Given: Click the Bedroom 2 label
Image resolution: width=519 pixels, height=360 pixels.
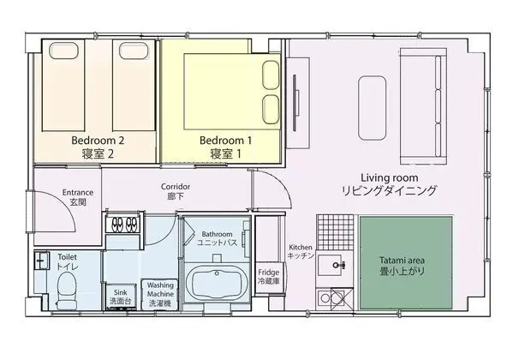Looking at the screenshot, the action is pyautogui.click(x=98, y=141).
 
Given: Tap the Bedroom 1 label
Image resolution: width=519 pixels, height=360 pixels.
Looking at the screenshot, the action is pyautogui.click(x=226, y=141).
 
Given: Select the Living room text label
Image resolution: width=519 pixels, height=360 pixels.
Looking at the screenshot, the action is pyautogui.click(x=389, y=177).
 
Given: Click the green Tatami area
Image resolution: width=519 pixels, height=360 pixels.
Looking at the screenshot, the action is pyautogui.click(x=406, y=263).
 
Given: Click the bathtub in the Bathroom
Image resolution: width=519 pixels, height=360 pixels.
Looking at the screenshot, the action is pyautogui.click(x=217, y=284).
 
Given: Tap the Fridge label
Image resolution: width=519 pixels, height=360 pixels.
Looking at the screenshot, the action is pyautogui.click(x=268, y=273).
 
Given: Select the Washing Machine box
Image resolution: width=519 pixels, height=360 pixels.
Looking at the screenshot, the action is pyautogui.click(x=160, y=294).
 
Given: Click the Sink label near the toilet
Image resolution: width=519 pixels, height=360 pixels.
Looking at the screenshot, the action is pyautogui.click(x=120, y=292).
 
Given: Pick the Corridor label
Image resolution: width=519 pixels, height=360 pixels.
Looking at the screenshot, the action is pyautogui.click(x=176, y=187).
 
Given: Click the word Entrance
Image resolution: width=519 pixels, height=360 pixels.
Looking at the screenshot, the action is pyautogui.click(x=78, y=192).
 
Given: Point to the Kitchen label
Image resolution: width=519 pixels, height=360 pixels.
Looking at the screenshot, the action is pyautogui.click(x=301, y=248).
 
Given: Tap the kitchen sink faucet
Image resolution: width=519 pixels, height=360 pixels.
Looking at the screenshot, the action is pyautogui.click(x=339, y=265).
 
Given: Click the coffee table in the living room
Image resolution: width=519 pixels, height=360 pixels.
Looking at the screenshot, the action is pyautogui.click(x=373, y=108).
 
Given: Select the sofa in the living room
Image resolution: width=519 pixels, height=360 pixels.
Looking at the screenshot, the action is pyautogui.click(x=424, y=106).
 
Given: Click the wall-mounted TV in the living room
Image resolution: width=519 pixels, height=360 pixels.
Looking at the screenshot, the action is pyautogui.click(x=295, y=103).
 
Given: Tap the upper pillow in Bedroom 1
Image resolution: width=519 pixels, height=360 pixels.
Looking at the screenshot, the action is pyautogui.click(x=271, y=75).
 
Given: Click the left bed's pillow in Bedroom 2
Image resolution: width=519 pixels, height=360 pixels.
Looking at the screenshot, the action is pyautogui.click(x=63, y=51).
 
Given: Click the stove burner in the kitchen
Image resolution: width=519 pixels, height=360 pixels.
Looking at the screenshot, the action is pyautogui.click(x=325, y=298).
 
